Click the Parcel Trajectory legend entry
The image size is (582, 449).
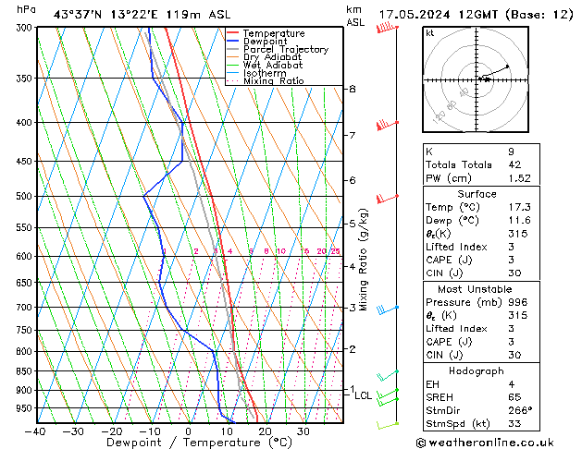pos(285,50)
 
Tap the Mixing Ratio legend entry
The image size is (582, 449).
pos(273,81)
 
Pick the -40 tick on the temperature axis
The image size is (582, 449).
pos(35,431)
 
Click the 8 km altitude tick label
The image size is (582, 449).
pos(352,89)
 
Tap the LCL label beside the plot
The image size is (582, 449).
pos(364,395)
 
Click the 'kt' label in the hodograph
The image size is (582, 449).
pos(429,33)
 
